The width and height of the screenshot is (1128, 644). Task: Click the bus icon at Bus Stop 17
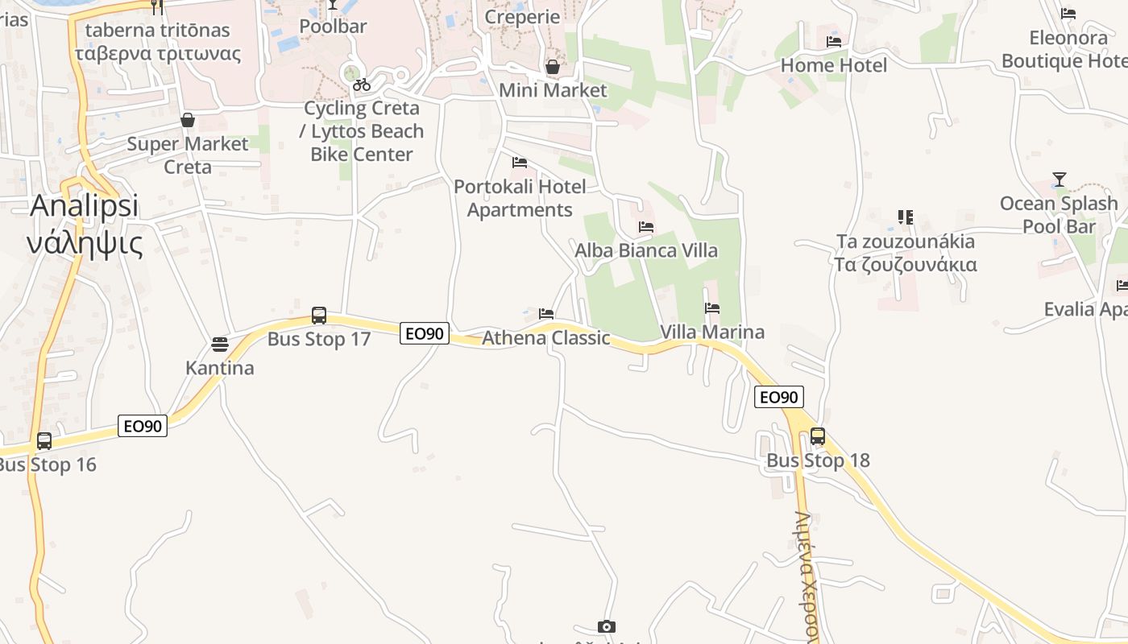(x=319, y=315)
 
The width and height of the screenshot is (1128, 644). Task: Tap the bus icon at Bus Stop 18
(x=818, y=436)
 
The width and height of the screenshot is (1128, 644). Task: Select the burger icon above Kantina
(x=220, y=345)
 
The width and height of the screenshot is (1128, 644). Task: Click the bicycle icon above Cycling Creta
(x=362, y=85)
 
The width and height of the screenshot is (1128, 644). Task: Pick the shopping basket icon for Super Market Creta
(x=188, y=120)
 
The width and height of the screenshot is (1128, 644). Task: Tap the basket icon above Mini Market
(x=553, y=66)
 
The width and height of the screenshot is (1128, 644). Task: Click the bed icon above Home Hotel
(x=834, y=41)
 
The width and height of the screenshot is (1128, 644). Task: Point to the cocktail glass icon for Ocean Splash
(x=1059, y=179)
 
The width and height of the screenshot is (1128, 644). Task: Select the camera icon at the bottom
(x=607, y=626)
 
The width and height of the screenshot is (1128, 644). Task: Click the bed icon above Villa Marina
(x=712, y=308)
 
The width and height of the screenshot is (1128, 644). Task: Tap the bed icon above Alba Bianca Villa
(x=646, y=227)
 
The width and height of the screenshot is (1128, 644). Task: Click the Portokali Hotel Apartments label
(x=520, y=198)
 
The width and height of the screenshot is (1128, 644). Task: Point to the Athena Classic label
(x=545, y=337)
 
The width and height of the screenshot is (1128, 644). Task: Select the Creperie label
(x=522, y=17)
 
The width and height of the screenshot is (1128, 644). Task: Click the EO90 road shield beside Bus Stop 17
(x=424, y=332)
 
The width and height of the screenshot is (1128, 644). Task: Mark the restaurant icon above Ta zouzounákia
(x=906, y=217)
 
